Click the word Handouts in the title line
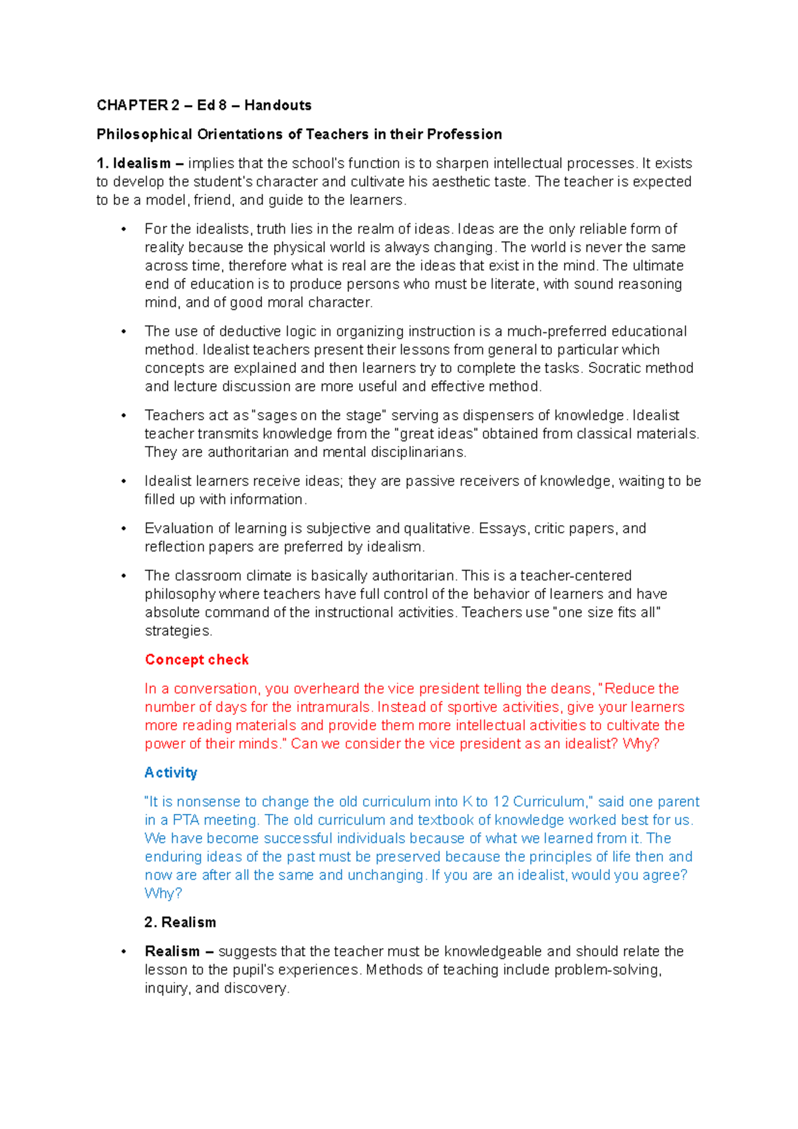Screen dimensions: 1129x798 (277, 105)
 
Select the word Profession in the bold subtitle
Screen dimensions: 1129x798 (464, 134)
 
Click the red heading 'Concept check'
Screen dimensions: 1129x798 (196, 660)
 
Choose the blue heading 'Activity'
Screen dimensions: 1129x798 (171, 773)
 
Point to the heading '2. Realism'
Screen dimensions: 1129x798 (180, 922)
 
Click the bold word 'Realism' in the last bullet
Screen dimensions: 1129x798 (172, 951)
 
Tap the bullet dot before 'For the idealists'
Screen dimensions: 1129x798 (123, 230)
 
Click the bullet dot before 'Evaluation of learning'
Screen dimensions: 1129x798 (123, 529)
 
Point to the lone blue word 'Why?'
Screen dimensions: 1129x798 (163, 894)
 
